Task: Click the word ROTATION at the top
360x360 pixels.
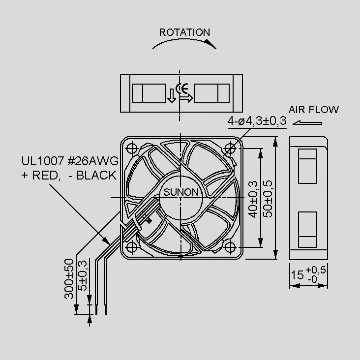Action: [x=184, y=32]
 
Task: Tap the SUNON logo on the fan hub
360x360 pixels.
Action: [x=180, y=192]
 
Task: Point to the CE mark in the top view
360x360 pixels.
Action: [x=182, y=89]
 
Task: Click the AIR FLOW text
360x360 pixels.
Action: [x=313, y=110]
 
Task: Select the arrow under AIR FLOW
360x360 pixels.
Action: [x=307, y=123]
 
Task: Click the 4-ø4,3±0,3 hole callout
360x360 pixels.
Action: [x=257, y=121]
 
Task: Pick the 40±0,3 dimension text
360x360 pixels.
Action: [x=253, y=199]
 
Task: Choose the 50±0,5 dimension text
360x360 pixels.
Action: [x=268, y=199]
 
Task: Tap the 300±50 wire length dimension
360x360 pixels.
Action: [x=69, y=279]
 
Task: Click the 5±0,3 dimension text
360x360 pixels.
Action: [x=83, y=275]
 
